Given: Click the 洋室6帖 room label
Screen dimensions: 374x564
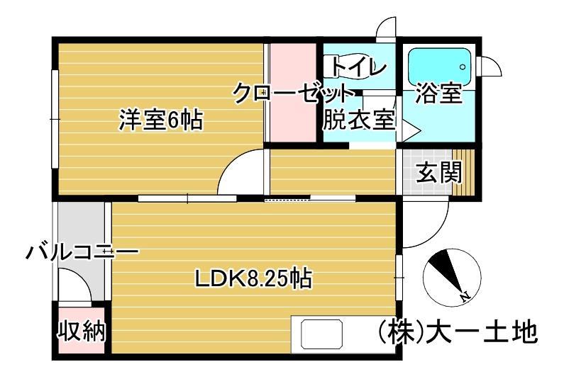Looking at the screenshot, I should coord(161,120).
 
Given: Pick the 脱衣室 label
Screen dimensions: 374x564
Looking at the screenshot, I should coord(358,120).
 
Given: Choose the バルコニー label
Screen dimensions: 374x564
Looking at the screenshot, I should coord(82,251).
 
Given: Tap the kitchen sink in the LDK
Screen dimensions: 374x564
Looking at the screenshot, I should coord(323,334).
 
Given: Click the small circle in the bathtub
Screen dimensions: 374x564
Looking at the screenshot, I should coord(463,67).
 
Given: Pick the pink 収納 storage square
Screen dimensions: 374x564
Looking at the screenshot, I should coord(81,330).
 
